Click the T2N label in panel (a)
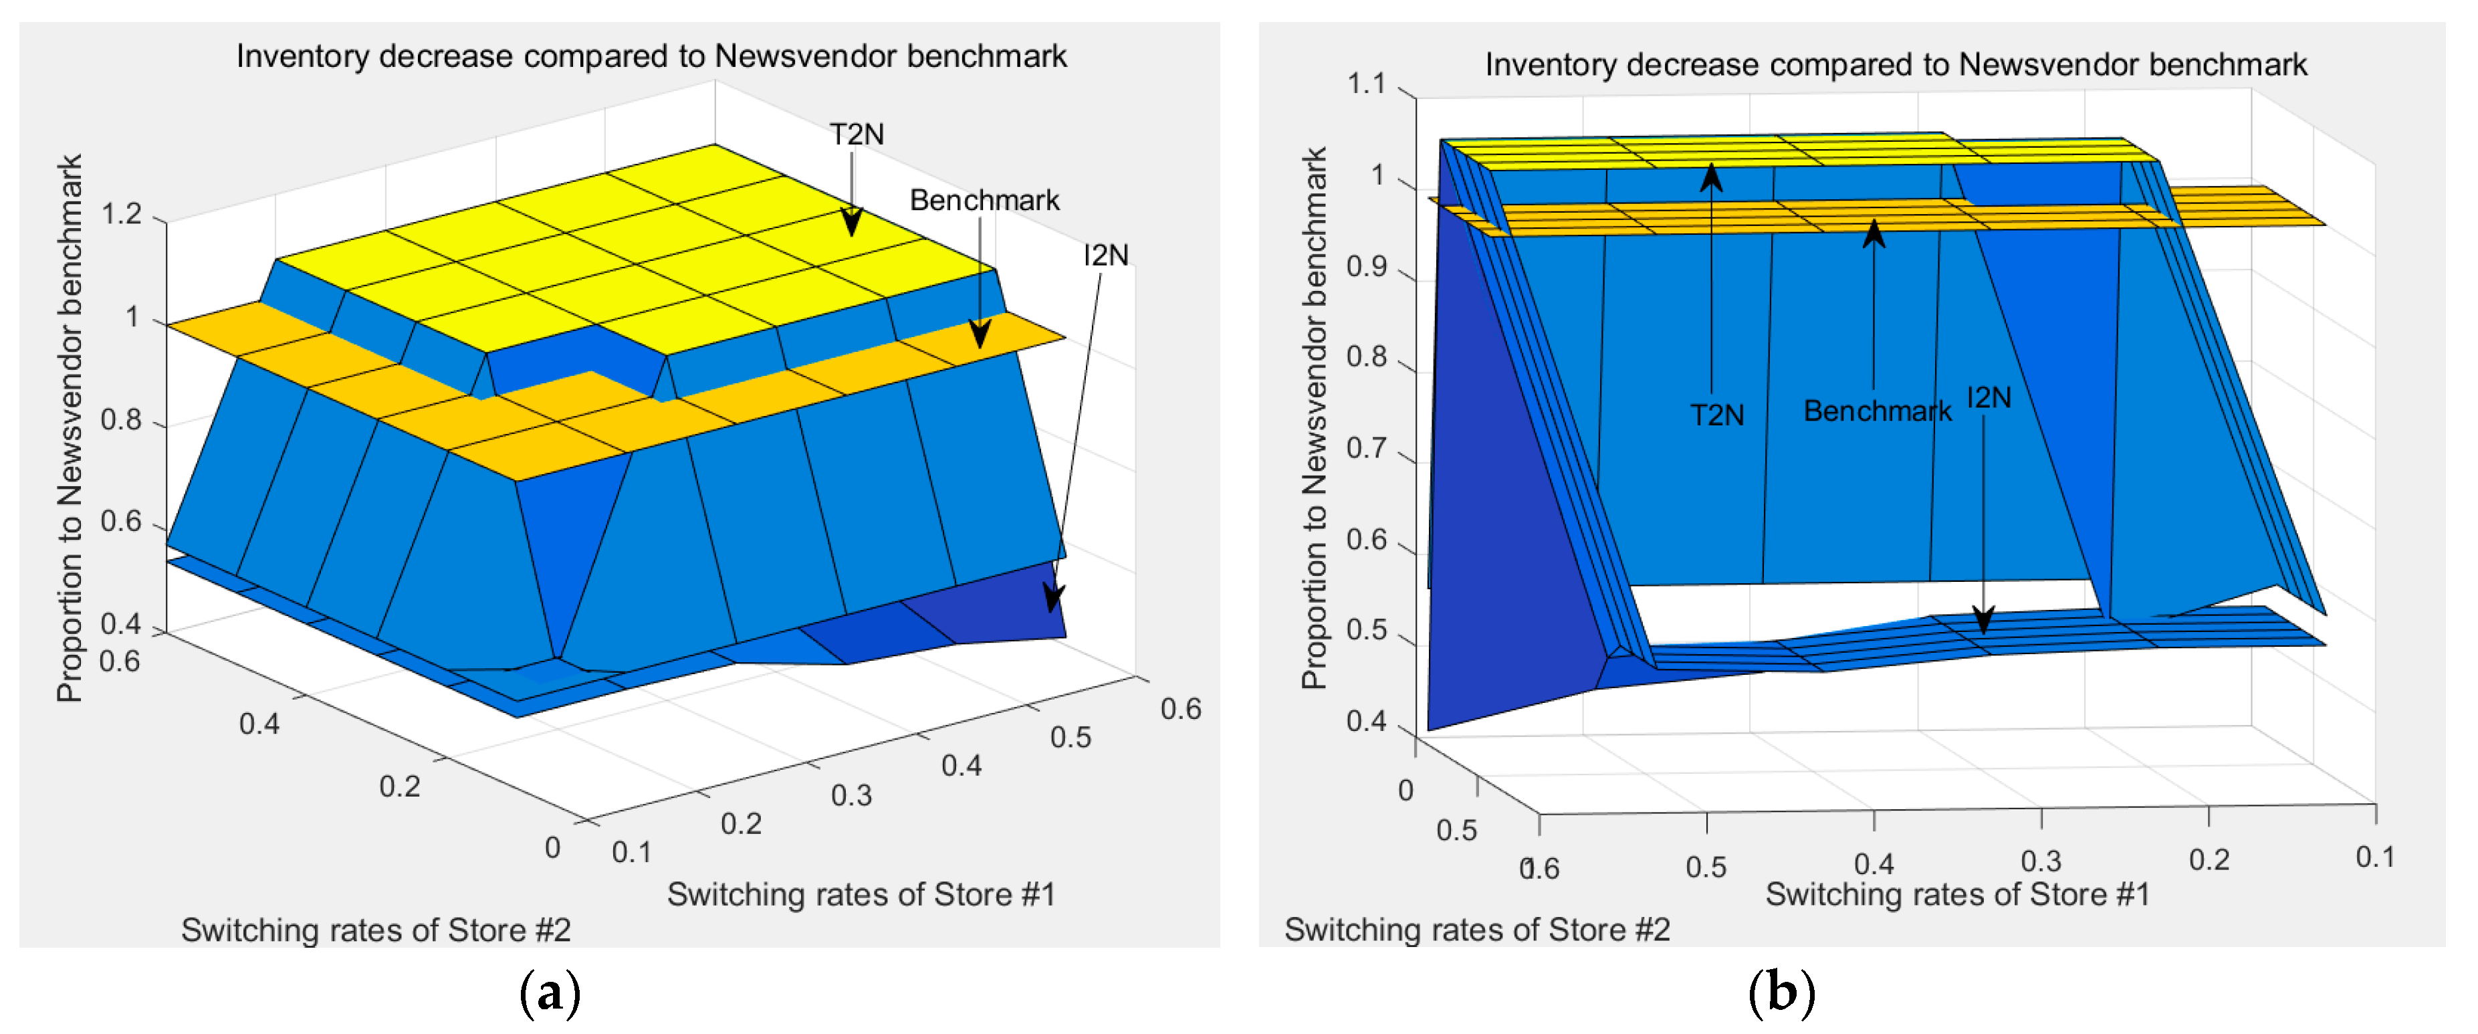point(856,134)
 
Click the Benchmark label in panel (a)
point(984,200)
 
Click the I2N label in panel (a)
point(1105,255)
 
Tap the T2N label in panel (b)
point(1717,415)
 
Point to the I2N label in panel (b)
point(1989,397)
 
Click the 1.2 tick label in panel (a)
point(122,213)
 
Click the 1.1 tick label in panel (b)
point(1366,85)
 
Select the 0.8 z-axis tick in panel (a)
point(122,420)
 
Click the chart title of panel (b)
point(1895,64)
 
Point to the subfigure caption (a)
point(549,993)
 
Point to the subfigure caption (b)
point(1781,993)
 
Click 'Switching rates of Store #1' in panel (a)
point(861,894)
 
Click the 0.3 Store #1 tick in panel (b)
point(2040,861)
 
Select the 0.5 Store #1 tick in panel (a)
point(1070,738)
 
